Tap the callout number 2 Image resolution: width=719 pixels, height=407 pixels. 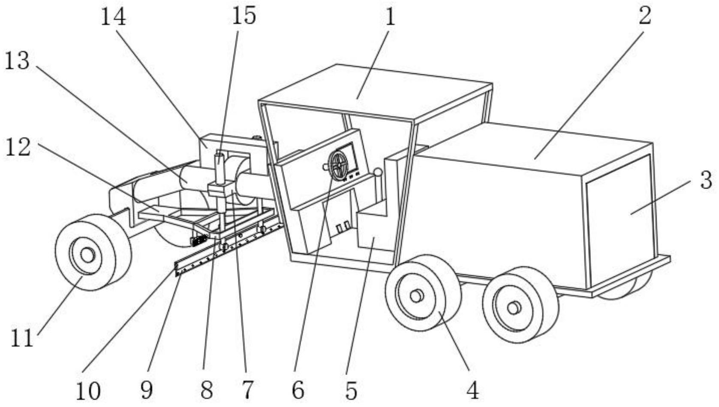(x=644, y=15)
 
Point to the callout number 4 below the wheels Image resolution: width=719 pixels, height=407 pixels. (x=472, y=390)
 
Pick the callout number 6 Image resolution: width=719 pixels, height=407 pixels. (x=298, y=390)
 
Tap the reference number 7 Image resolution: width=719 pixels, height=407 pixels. (x=247, y=390)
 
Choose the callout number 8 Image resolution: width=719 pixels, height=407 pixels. (x=206, y=390)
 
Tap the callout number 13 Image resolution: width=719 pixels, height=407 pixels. (x=17, y=61)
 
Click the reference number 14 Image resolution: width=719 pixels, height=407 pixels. (x=113, y=17)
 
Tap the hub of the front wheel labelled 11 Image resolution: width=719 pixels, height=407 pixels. (x=87, y=255)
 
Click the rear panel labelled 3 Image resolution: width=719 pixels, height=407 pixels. (x=622, y=219)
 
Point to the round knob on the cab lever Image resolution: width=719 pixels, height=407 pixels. (x=377, y=172)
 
